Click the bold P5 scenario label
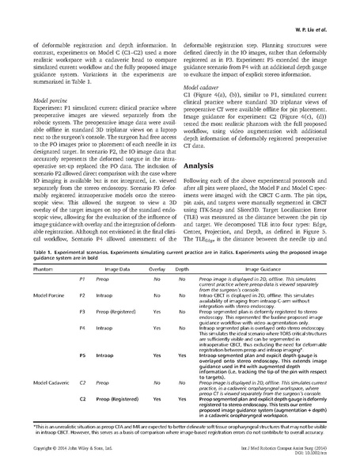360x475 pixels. click(84, 356)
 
